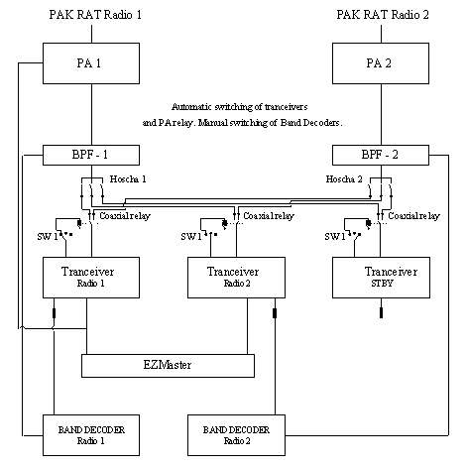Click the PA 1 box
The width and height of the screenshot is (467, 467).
[91, 63]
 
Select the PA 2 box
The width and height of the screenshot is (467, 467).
[381, 63]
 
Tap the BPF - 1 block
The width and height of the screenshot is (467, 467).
[91, 155]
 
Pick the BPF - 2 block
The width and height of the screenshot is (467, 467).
[381, 155]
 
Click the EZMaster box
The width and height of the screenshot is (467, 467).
[168, 366]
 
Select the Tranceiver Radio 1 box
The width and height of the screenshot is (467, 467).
[91, 278]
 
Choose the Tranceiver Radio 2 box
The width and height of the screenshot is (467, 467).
[236, 278]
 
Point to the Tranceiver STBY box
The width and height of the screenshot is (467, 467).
[381, 278]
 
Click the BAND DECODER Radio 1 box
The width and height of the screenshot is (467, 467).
[91, 435]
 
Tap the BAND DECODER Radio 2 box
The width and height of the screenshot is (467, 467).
[236, 435]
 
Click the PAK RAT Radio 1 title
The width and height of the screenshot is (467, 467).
[95, 15]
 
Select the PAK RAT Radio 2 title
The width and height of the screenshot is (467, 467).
[383, 15]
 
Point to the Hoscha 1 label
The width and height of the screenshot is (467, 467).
[128, 179]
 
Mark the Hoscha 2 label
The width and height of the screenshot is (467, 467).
[344, 179]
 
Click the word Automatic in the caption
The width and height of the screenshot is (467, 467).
[191, 107]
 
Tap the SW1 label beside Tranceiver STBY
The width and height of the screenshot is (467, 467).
[335, 236]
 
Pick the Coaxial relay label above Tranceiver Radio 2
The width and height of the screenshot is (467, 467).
[269, 216]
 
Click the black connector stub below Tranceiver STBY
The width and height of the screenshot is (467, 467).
[381, 312]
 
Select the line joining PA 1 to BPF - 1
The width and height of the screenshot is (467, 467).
[91, 114]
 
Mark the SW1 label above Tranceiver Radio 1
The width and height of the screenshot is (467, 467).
[48, 236]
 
